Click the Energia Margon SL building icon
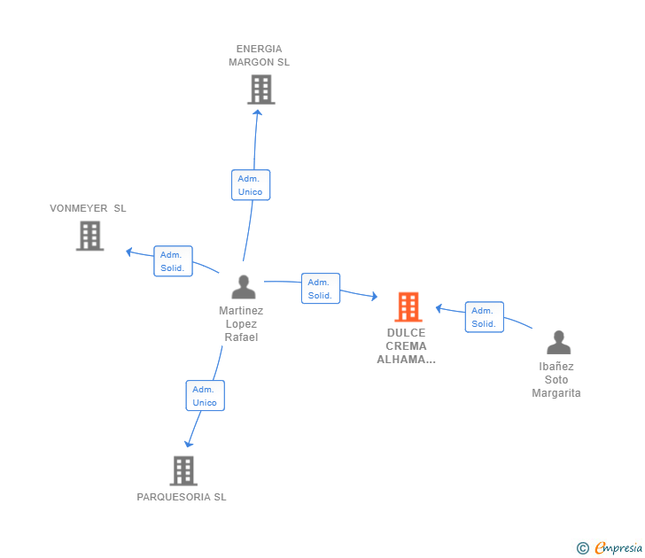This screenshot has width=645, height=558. (260, 89)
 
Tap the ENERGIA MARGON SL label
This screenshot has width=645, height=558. (259, 56)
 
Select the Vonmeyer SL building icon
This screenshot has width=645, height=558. (89, 236)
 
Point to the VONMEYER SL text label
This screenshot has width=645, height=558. (88, 208)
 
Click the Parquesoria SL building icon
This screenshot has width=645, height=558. (183, 470)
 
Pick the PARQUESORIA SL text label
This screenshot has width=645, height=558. (182, 497)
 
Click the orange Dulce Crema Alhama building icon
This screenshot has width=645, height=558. (408, 306)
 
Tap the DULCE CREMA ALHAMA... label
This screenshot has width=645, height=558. (406, 346)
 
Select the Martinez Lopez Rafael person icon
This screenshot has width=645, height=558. (243, 287)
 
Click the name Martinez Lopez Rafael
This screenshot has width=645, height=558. (241, 324)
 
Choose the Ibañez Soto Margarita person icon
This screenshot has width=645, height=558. (558, 342)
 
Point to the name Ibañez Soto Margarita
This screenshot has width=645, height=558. (556, 380)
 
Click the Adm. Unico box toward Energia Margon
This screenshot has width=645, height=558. (251, 185)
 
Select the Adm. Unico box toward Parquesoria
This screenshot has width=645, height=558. (205, 396)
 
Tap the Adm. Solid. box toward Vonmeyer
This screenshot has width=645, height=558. (173, 261)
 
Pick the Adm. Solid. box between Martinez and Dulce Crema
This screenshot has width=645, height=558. (320, 289)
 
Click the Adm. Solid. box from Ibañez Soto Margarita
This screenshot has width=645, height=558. (484, 317)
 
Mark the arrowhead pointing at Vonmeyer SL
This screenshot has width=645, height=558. (129, 252)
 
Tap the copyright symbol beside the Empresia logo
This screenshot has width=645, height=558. (582, 548)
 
